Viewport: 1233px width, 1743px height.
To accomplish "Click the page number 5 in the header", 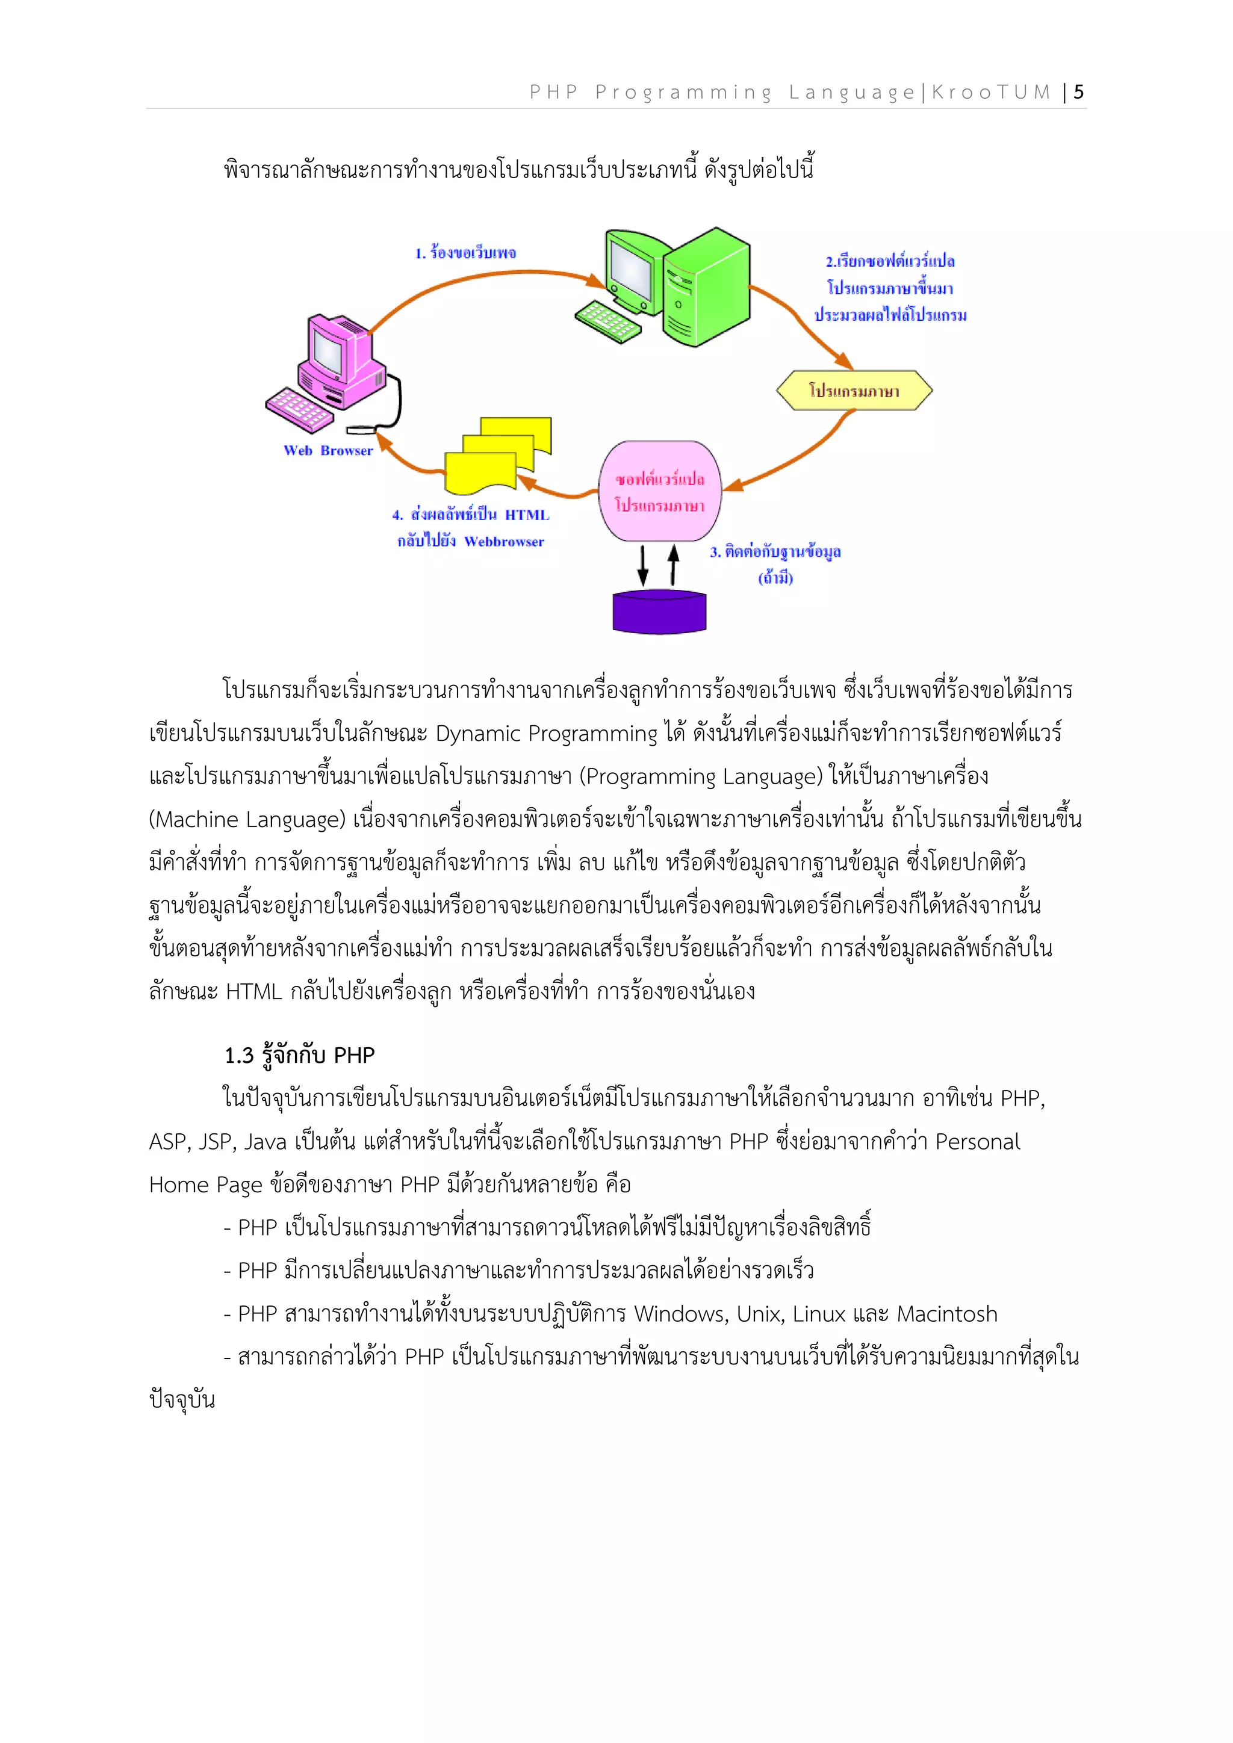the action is (1078, 93).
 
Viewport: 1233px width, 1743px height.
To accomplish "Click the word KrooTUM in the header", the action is (991, 93).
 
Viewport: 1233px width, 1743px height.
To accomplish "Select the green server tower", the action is (706, 287).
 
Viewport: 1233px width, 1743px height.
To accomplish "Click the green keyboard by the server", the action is (608, 322).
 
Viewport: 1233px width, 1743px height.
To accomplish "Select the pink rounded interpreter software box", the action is (660, 492).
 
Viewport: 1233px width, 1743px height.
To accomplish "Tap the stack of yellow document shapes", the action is (497, 455).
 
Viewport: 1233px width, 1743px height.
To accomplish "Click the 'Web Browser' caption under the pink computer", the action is (328, 450).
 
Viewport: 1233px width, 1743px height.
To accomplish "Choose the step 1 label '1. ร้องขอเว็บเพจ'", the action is (465, 253).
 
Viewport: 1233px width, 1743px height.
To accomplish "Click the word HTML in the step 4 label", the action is (526, 515).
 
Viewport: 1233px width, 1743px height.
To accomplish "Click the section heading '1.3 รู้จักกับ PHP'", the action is (299, 1055).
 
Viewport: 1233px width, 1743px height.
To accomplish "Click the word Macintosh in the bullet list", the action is (947, 1314).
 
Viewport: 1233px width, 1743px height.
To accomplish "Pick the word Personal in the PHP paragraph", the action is (977, 1142).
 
